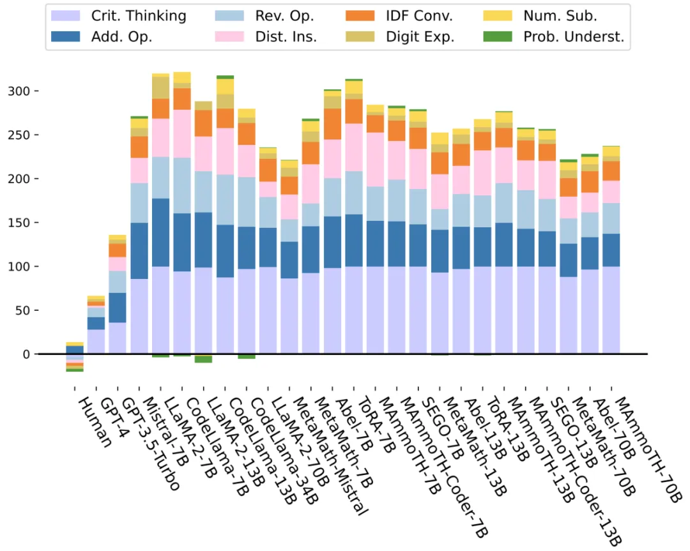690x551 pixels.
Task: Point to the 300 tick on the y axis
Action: tap(19, 91)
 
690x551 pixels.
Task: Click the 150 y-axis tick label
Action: tap(19, 223)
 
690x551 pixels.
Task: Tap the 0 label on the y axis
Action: tap(25, 354)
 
